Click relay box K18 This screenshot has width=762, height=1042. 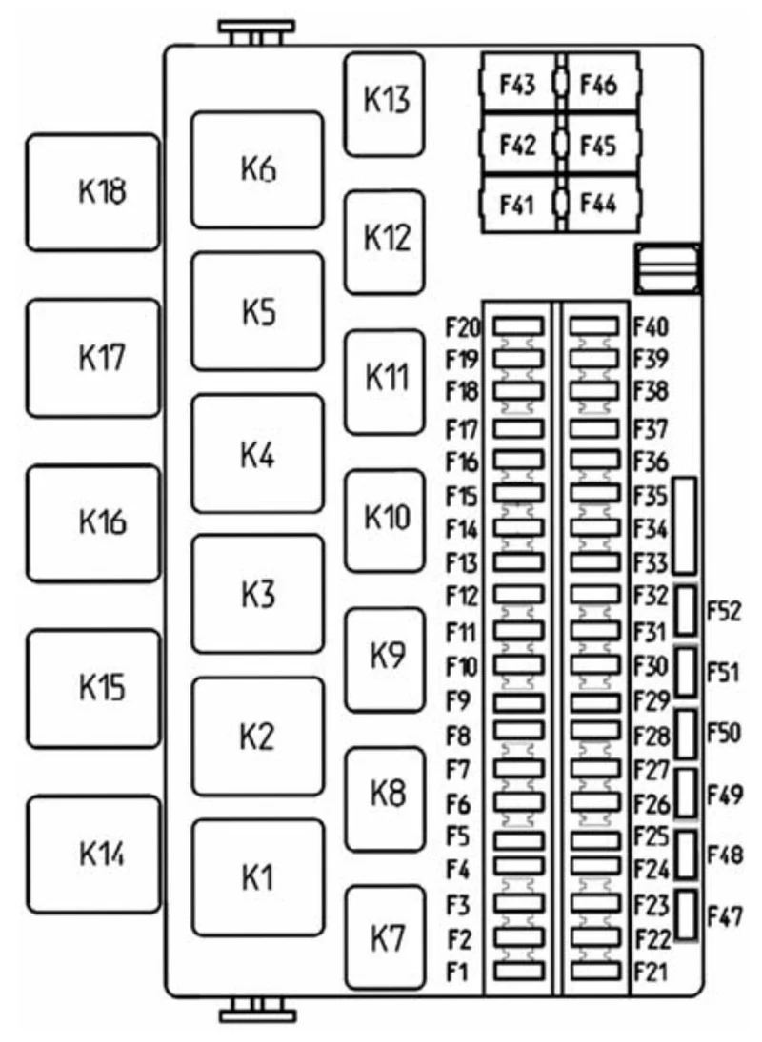coord(93,192)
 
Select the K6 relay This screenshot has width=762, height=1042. coord(257,169)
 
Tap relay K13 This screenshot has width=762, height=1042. coord(384,105)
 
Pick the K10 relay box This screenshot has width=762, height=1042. coord(384,521)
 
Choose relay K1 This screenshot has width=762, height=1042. coord(258,876)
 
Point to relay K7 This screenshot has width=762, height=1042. coord(385,936)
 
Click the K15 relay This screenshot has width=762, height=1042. coord(93,688)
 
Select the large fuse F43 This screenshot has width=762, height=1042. coord(519,84)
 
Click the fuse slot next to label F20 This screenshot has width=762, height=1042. coord(518,325)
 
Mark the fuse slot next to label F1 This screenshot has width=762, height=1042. coord(519,971)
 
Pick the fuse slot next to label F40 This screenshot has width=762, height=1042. coord(594,325)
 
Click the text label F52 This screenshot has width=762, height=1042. coord(724,610)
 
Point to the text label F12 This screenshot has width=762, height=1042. coord(461,596)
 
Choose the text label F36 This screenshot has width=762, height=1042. coord(651,461)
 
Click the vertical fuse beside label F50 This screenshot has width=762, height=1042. coord(686,734)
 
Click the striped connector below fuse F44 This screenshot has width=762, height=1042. coord(668,268)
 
